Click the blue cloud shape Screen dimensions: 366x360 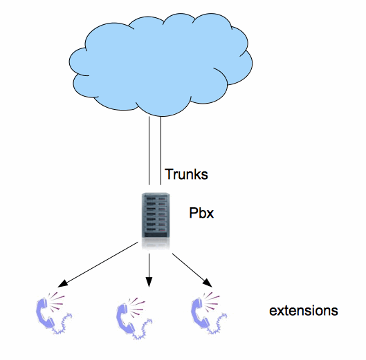pos(161,64)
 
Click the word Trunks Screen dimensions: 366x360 pos(186,174)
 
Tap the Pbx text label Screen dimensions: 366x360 pos(201,213)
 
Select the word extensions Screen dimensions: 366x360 pos(304,310)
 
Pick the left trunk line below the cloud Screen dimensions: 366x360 pos(149,151)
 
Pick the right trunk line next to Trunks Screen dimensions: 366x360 pos(161,151)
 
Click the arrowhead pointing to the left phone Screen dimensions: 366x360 pos(62,283)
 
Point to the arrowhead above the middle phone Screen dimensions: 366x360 pos(149,282)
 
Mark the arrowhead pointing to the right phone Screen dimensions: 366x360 pos(208,283)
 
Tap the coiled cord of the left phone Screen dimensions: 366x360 pos(62,325)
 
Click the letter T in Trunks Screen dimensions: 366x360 pos(169,174)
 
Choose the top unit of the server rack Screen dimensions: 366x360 pos(156,198)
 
